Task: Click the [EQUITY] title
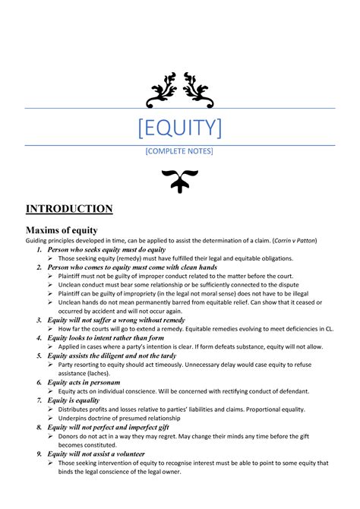179,127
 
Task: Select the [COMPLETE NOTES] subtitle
179,152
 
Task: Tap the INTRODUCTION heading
69,209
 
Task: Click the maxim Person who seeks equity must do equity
106,249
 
